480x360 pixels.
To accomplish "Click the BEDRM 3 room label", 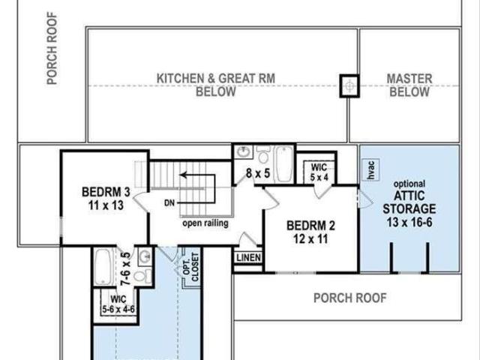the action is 106,199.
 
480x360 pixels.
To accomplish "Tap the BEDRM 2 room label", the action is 310,232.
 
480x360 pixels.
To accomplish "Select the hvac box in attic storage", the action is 370,169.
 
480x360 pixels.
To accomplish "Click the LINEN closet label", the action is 249,258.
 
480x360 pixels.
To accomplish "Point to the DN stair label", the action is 169,203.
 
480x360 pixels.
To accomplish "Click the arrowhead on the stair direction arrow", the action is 184,175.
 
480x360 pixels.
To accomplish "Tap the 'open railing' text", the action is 205,223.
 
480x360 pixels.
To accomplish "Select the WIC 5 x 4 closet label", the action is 319,172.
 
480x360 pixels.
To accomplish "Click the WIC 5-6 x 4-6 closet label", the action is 118,304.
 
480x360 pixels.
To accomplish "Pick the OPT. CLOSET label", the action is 190,267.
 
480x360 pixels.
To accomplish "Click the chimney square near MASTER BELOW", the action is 349,86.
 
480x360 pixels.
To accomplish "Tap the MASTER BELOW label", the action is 409,85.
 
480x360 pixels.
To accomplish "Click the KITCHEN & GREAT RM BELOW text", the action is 216,85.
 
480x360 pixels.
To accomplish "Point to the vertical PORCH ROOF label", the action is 52,48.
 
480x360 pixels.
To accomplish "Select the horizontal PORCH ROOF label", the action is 350,298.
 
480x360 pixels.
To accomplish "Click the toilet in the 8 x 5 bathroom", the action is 263,154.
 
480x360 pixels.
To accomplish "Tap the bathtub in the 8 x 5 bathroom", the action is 283,163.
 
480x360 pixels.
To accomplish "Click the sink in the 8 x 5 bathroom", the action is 244,151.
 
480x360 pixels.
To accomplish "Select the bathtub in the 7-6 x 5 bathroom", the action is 103,267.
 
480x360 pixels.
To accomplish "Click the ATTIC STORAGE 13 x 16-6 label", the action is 409,205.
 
